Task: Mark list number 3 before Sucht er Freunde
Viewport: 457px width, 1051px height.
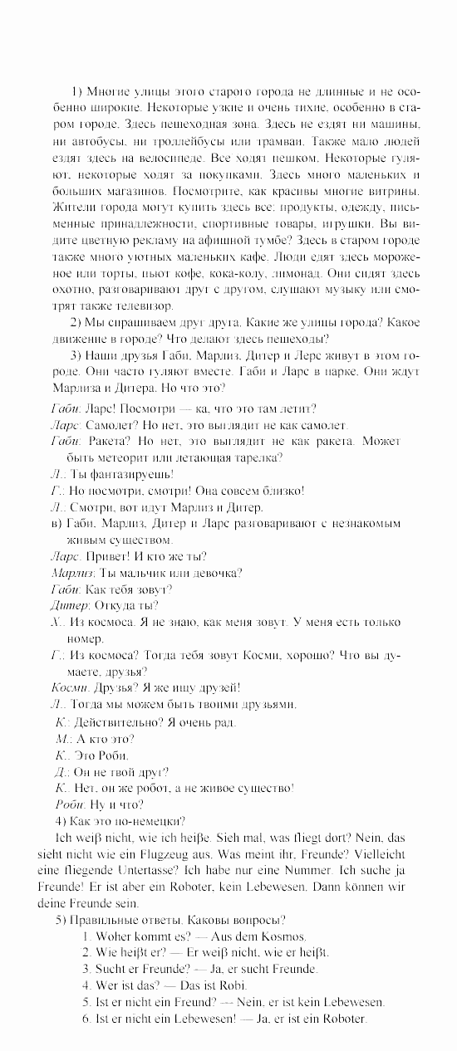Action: tap(86, 968)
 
